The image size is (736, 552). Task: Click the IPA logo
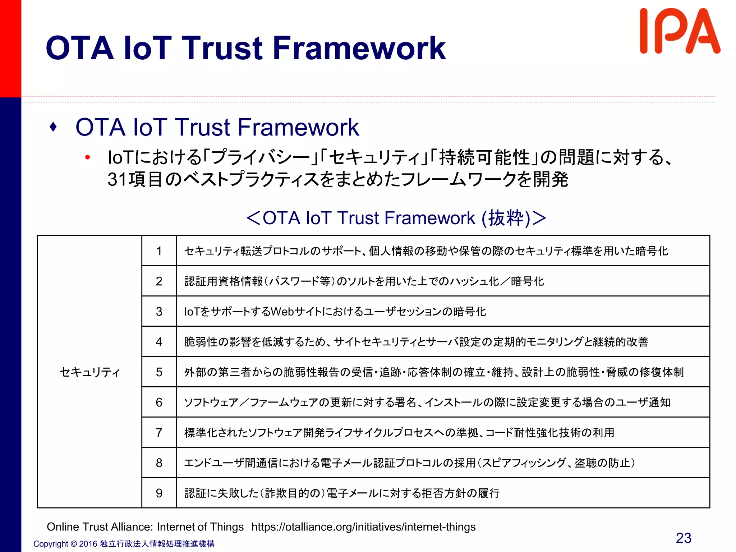pyautogui.click(x=679, y=32)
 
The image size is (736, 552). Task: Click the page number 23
pyautogui.click(x=683, y=538)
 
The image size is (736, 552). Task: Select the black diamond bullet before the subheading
pyautogui.click(x=54, y=127)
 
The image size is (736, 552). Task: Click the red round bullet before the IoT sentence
pyautogui.click(x=87, y=157)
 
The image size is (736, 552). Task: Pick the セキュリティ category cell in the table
pyautogui.click(x=89, y=372)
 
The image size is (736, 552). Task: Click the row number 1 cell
pyautogui.click(x=159, y=251)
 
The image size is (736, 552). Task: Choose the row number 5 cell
pyautogui.click(x=159, y=372)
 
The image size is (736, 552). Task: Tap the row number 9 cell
pyautogui.click(x=159, y=493)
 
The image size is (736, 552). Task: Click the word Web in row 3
pyautogui.click(x=282, y=312)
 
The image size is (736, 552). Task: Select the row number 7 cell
pyautogui.click(x=159, y=432)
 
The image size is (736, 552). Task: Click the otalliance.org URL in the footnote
pyautogui.click(x=363, y=527)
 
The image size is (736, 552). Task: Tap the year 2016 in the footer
pyautogui.click(x=88, y=544)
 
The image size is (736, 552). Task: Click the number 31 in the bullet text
pyautogui.click(x=118, y=179)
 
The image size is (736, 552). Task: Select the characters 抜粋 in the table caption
pyautogui.click(x=506, y=218)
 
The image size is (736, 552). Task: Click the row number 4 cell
pyautogui.click(x=159, y=342)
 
